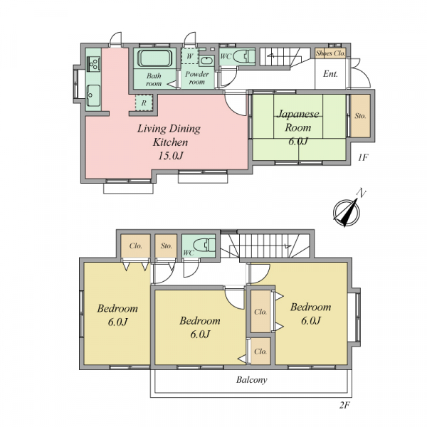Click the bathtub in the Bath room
pyautogui.click(x=154, y=58)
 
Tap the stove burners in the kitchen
pyautogui.click(x=93, y=63)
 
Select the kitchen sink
pyautogui.click(x=93, y=95)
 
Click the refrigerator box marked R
pyautogui.click(x=144, y=102)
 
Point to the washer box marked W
pyautogui.click(x=190, y=56)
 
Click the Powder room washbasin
pyautogui.click(x=206, y=60)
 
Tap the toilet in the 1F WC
pyautogui.click(x=243, y=57)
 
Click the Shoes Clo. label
pyautogui.click(x=330, y=53)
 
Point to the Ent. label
pyautogui.click(x=330, y=74)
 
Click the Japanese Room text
pyautogui.click(x=298, y=120)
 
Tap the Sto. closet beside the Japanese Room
pyautogui.click(x=360, y=116)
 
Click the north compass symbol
pyautogui.click(x=347, y=211)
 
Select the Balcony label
pyautogui.click(x=251, y=379)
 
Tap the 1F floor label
pyautogui.click(x=363, y=157)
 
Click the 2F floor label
pyautogui.click(x=344, y=405)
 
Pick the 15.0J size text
pyautogui.click(x=171, y=155)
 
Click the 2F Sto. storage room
pyautogui.click(x=166, y=246)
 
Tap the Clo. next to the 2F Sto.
pyautogui.click(x=136, y=246)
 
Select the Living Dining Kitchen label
pyautogui.click(x=169, y=135)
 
